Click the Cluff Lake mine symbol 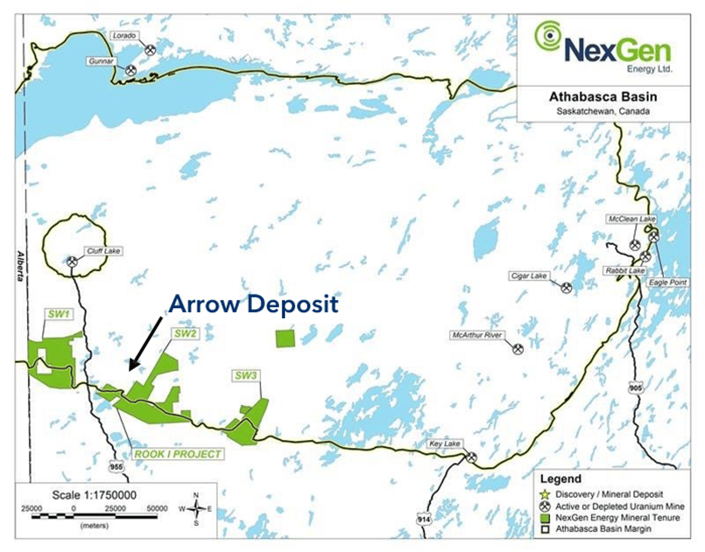coord(72,262)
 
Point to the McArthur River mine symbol coord(518,349)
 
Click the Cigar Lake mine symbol coord(566,287)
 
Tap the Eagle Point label coord(663,282)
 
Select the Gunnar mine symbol coord(130,70)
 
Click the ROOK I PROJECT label coord(178,454)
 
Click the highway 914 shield coord(424,519)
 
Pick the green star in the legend coord(545,494)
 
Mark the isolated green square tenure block coord(285,338)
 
